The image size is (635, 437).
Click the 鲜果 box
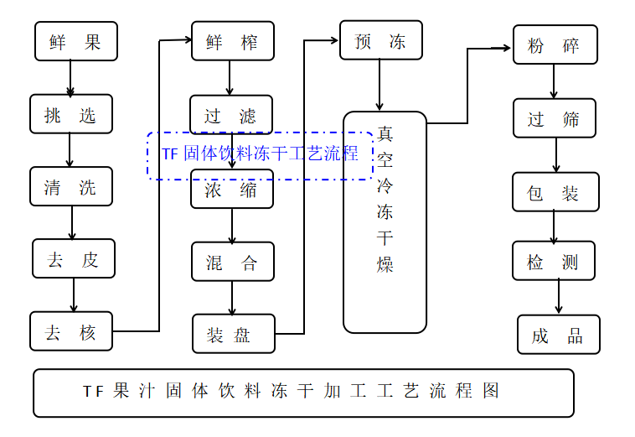coord(75,41)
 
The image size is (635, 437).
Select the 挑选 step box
coord(70,114)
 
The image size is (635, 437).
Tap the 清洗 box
coord(70,187)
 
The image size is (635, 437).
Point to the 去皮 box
coord(74,259)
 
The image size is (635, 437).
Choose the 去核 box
coord(71,332)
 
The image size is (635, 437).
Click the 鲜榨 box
coord(232,41)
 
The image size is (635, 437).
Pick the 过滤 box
coord(231,115)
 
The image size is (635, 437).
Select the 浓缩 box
coord(231,190)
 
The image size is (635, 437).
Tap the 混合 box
coord(232,262)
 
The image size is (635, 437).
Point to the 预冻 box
coord(380,40)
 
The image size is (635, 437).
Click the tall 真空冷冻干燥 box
coord(385,222)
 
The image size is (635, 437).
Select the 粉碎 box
coord(555,45)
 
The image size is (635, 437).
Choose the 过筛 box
coord(555,118)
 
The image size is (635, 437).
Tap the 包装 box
coord(555,192)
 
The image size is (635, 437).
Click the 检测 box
coord(554,261)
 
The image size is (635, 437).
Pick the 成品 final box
coord(558,335)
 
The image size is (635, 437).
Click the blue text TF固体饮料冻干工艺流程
coord(261,153)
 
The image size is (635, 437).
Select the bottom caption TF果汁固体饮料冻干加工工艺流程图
coord(303,393)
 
